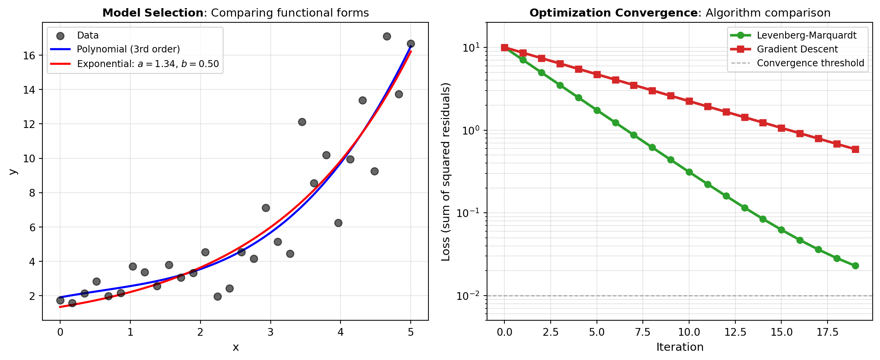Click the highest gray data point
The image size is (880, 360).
click(x=387, y=36)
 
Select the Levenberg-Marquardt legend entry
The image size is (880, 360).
click(x=806, y=35)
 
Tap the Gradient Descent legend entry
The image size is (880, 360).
click(x=797, y=49)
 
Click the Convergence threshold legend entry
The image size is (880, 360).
click(x=810, y=63)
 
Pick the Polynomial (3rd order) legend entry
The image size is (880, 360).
click(x=128, y=49)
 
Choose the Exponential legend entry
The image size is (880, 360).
click(x=148, y=64)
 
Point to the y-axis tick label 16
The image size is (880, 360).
click(x=29, y=56)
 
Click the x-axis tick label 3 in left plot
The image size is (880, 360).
click(x=271, y=332)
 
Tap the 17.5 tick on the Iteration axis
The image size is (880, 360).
click(x=828, y=332)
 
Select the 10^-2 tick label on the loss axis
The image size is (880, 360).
click(x=468, y=296)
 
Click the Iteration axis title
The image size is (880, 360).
click(x=680, y=347)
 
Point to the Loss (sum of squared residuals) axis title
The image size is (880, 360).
click(x=446, y=172)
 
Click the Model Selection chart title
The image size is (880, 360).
click(x=235, y=13)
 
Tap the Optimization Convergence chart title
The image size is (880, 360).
click(x=680, y=13)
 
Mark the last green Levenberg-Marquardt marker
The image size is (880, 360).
click(x=855, y=266)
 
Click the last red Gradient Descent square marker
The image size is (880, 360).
click(x=855, y=149)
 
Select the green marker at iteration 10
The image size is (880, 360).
click(x=689, y=172)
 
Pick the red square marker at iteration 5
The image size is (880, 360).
click(x=597, y=74)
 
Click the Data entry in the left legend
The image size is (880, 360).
click(x=88, y=35)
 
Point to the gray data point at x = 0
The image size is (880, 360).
click(x=60, y=300)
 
